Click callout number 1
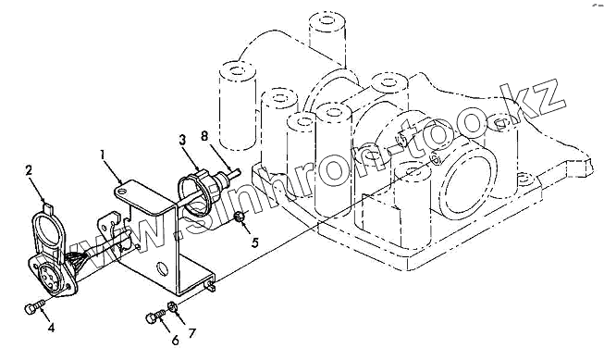tap(103, 155)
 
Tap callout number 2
tap(29, 170)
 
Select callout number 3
tap(182, 140)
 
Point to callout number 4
tap(51, 328)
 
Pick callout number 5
tap(255, 242)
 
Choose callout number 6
tap(175, 340)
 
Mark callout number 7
tap(191, 333)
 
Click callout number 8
tap(204, 136)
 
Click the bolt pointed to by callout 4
tap(34, 306)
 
